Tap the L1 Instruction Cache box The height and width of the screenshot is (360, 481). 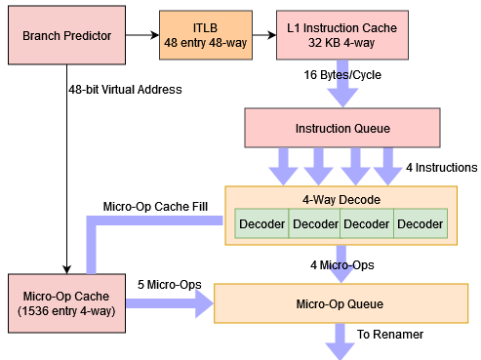[341, 37]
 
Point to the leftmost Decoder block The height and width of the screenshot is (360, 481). [261, 224]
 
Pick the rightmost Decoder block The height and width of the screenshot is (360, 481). [420, 224]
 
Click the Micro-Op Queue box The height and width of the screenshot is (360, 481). [340, 303]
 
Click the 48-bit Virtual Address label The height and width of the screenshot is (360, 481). [124, 90]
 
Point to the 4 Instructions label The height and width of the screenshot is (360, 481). [441, 168]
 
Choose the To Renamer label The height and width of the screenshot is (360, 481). [389, 334]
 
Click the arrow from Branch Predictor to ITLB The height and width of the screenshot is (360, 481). [142, 37]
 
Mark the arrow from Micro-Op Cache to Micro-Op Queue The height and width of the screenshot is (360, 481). [170, 304]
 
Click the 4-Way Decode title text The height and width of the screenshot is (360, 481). [341, 199]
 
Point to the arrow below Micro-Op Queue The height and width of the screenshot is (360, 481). [341, 340]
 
